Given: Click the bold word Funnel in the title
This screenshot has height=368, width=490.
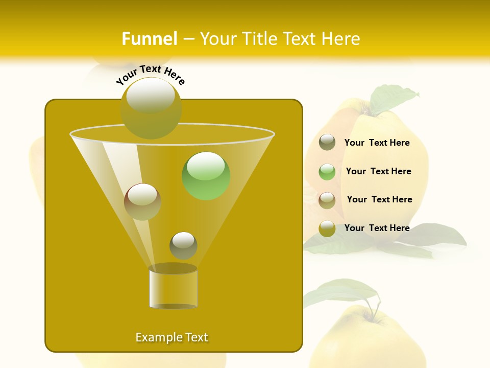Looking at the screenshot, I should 150,39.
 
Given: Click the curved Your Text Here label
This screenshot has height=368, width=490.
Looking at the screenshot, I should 151,75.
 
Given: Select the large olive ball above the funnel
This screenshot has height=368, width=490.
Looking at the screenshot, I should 151,108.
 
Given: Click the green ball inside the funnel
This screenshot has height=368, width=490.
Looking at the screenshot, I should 206,176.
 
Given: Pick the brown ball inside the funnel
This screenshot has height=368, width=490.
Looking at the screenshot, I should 142,202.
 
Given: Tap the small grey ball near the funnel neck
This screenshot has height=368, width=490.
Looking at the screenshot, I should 183,245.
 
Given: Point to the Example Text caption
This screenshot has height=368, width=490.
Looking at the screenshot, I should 172,337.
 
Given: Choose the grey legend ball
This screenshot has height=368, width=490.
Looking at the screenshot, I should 327,143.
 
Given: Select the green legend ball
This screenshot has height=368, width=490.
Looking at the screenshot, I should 327,172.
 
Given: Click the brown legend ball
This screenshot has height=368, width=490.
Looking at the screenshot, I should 327,200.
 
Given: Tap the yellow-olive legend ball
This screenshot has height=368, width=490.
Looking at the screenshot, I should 327,228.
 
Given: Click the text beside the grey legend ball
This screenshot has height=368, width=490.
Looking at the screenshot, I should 377,143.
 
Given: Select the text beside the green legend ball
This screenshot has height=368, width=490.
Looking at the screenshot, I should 378,172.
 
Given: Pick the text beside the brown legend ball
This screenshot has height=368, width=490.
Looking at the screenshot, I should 379,200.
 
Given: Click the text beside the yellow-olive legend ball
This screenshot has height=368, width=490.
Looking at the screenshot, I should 377,228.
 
